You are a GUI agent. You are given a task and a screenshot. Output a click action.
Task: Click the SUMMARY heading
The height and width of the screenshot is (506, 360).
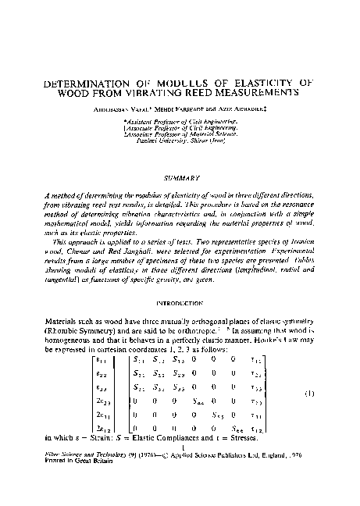click(x=180, y=178)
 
